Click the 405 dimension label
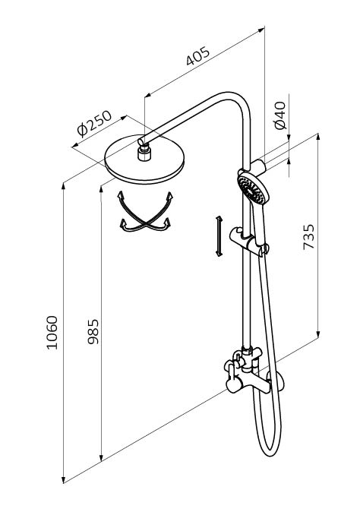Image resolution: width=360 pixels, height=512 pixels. [x=197, y=56]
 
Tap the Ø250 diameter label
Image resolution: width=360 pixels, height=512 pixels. [x=94, y=123]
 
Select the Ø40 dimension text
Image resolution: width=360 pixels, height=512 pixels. [x=280, y=115]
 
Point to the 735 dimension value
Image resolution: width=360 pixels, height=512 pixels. [x=308, y=237]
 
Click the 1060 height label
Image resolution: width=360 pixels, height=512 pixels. [x=52, y=333]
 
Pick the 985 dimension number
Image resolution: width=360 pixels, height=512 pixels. [x=93, y=331]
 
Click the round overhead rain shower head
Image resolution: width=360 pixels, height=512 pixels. [x=144, y=160]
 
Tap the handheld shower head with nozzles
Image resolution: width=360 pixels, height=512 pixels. [x=254, y=188]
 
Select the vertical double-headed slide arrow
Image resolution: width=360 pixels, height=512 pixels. [x=219, y=236]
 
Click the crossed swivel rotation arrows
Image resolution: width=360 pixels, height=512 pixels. [x=145, y=212]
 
